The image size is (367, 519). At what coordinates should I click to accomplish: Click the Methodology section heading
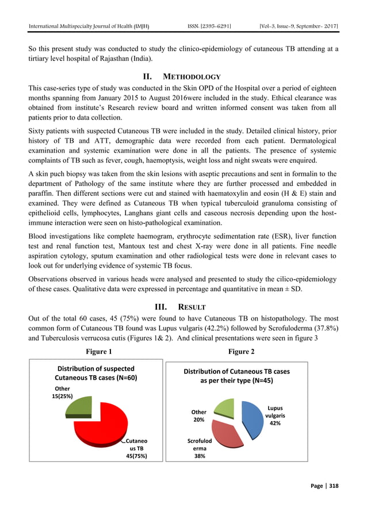click(x=183, y=77)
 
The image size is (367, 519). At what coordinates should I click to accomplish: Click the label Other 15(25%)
click(x=63, y=392)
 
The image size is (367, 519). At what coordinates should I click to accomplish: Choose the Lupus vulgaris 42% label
click(x=275, y=415)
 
